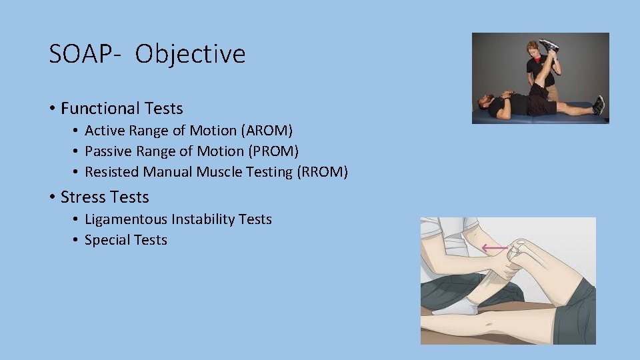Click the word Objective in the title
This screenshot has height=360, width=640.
pyautogui.click(x=190, y=55)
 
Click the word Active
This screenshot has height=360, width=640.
pyautogui.click(x=103, y=131)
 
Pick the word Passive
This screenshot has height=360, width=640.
pyautogui.click(x=107, y=151)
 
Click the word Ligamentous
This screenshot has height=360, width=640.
pyautogui.click(x=126, y=219)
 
